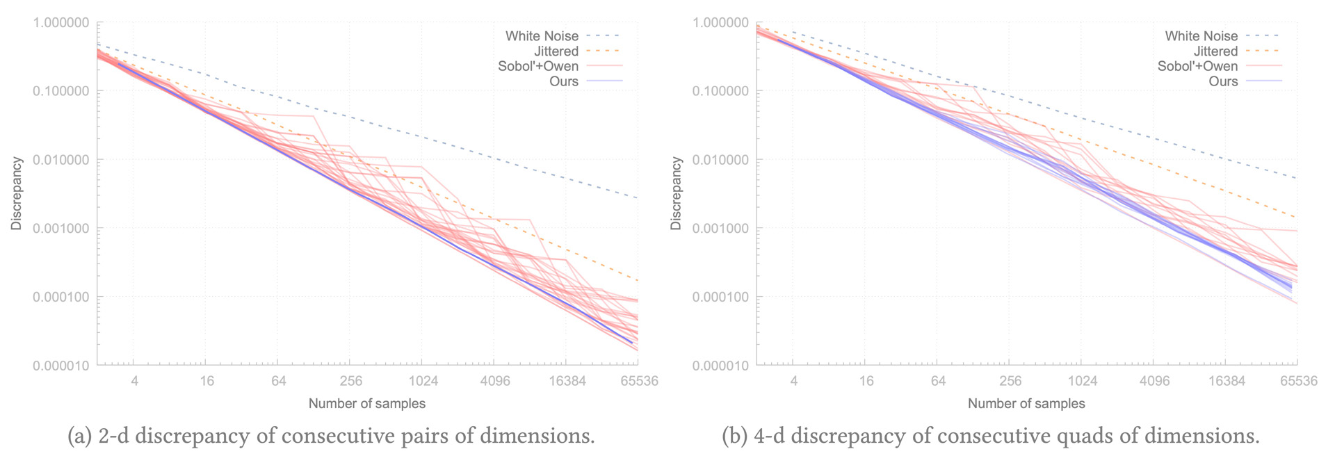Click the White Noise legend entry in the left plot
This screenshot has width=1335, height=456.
[x=542, y=35]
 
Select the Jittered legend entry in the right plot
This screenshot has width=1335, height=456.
[x=1215, y=51]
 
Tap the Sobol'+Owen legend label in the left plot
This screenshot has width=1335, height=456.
[x=538, y=66]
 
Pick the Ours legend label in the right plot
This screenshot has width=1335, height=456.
[x=1223, y=81]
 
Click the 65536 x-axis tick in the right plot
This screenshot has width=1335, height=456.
[x=1298, y=381]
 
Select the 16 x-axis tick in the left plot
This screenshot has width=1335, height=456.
[x=207, y=381]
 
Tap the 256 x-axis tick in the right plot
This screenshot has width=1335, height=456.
[x=1010, y=381]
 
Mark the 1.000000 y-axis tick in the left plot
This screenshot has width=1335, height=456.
[x=61, y=23]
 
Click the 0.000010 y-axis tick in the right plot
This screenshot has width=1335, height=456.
[x=721, y=366]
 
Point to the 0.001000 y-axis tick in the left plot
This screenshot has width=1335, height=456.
[x=61, y=229]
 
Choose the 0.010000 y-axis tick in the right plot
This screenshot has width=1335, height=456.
[x=721, y=160]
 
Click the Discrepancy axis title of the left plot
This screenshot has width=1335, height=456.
[x=17, y=194]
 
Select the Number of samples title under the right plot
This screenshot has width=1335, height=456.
[x=1026, y=403]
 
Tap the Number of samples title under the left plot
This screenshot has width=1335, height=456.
[x=367, y=403]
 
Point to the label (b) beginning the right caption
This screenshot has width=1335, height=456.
[x=735, y=437]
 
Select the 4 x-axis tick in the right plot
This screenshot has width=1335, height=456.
[x=793, y=381]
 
